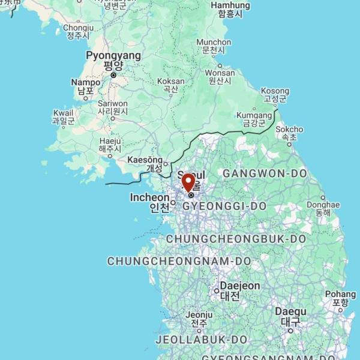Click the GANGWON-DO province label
pos(265,173)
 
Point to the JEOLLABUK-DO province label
pos(201,340)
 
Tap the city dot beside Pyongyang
pos(113,75)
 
